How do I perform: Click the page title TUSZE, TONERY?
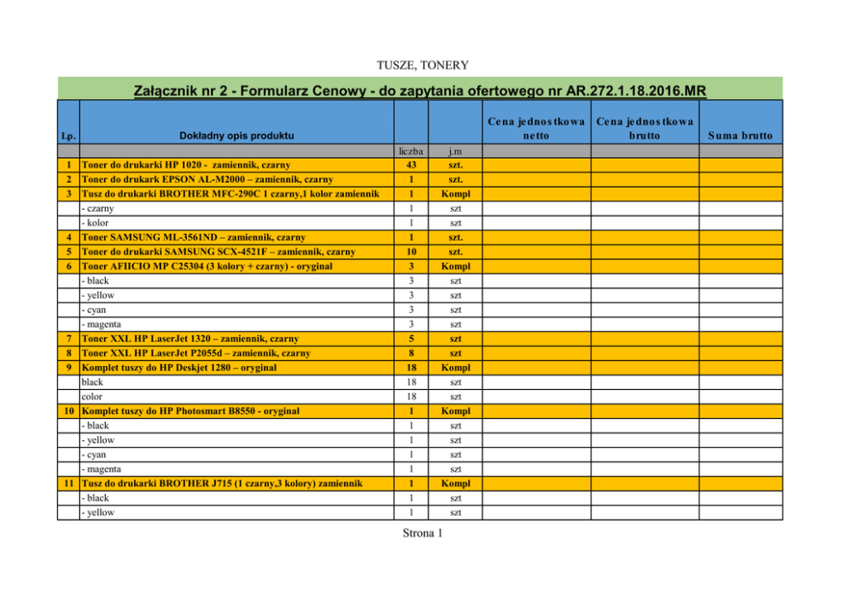(x=423, y=65)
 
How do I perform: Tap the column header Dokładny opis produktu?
(x=237, y=136)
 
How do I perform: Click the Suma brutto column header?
(x=739, y=136)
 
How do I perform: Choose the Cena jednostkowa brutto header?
(x=645, y=128)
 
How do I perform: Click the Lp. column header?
(x=67, y=136)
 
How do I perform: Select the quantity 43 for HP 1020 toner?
(x=411, y=165)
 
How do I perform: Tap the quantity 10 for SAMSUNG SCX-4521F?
(x=411, y=252)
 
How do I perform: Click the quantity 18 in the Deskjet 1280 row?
(x=411, y=368)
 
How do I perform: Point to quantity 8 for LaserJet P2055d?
(x=411, y=353)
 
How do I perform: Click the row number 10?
(x=67, y=411)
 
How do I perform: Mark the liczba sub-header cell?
(x=411, y=151)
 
